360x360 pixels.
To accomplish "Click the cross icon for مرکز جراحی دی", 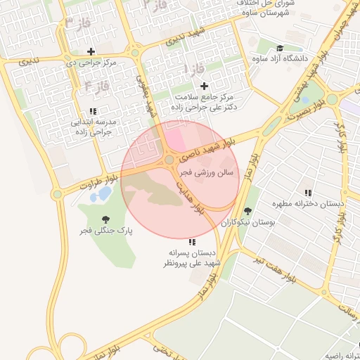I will click(91, 51).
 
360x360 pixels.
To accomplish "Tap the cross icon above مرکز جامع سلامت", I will click(205, 85).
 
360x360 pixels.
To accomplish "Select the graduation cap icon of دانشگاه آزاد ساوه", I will click(280, 49).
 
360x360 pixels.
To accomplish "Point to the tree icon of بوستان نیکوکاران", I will click(247, 210).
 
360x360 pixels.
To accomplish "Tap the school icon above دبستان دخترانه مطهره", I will click(308, 193).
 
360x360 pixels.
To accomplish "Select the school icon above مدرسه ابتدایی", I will click(93, 111).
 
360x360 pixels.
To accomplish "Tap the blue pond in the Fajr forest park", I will click(104, 193).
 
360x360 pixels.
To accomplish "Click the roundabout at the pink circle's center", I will click(169, 161).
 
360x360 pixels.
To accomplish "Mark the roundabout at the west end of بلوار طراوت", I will click(57, 194).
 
